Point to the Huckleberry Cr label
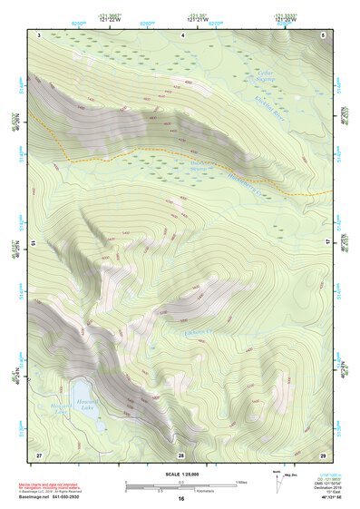[x=251, y=185]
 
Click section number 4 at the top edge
[x=184, y=34]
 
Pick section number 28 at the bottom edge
[x=180, y=454]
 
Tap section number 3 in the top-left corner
[x=40, y=34]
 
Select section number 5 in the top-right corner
[x=323, y=34]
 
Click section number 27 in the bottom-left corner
[x=39, y=454]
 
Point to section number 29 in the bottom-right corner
[x=323, y=454]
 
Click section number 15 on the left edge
[x=33, y=244]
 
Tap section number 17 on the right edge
[x=330, y=243]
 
